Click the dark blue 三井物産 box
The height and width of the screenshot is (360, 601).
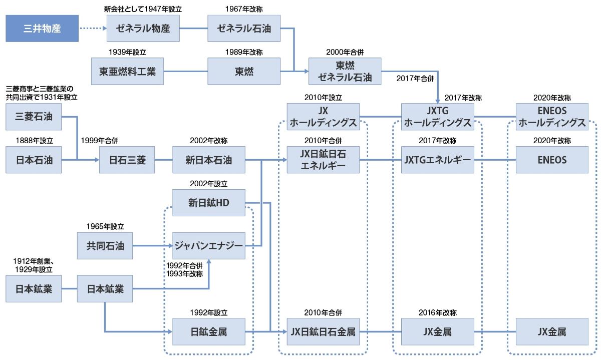(x=42, y=29)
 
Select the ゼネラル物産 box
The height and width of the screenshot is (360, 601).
(x=143, y=29)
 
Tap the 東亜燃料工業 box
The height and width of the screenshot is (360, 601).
(x=127, y=72)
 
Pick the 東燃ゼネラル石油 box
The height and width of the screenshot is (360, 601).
(x=345, y=72)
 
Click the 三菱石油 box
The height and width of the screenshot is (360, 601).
(x=34, y=117)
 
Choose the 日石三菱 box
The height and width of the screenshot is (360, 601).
(x=127, y=160)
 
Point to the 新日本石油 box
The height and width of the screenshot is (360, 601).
(x=209, y=160)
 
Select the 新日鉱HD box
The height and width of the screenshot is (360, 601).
(x=209, y=203)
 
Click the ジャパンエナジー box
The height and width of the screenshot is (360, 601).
(x=209, y=246)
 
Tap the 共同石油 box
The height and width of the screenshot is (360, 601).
(x=105, y=246)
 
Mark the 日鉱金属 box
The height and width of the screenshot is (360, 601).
(x=209, y=331)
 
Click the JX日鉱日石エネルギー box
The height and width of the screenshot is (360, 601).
(x=324, y=160)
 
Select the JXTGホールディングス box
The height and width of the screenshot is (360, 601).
(x=437, y=117)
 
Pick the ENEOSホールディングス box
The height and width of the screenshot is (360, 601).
(x=552, y=117)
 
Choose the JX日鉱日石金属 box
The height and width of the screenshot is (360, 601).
(x=324, y=331)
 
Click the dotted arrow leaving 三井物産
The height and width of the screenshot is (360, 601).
(x=93, y=29)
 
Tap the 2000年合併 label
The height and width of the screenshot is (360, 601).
(x=345, y=52)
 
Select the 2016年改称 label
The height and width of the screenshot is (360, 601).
(x=438, y=312)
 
